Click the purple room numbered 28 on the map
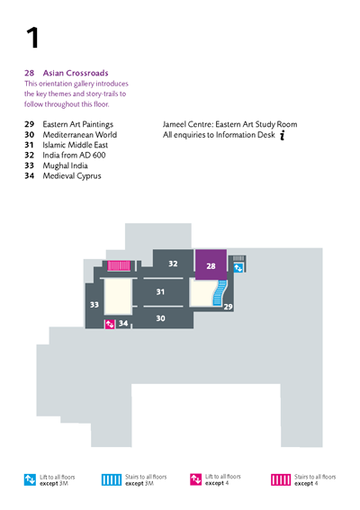211,264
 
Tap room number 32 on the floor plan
173,264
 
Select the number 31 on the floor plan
160,291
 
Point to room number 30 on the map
160,318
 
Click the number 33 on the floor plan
94,304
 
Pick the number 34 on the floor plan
123,323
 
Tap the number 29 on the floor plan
229,307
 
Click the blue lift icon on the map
238,268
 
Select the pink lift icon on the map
110,325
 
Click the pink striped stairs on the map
119,265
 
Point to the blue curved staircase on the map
220,293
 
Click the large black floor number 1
32,38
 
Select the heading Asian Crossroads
76,73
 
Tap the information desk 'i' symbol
283,135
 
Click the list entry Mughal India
65,166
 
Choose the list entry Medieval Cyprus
72,176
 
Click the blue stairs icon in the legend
112,479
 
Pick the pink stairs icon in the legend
281,479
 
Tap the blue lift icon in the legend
30,479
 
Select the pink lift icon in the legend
196,479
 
